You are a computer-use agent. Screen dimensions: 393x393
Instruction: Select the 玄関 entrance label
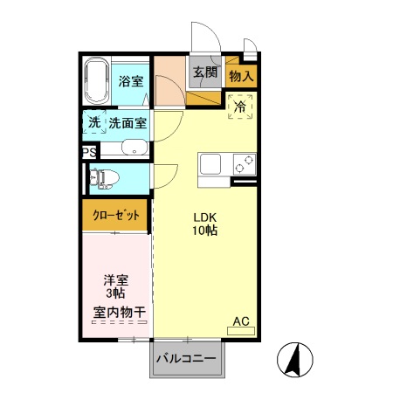(x=205, y=72)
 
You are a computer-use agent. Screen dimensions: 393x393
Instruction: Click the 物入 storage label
(x=241, y=76)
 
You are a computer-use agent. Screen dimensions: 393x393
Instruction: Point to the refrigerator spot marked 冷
(x=240, y=107)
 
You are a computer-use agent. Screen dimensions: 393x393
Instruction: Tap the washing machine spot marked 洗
(x=93, y=123)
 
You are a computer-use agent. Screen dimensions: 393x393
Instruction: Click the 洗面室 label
(x=128, y=124)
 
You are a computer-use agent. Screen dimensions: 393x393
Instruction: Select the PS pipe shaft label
(x=88, y=152)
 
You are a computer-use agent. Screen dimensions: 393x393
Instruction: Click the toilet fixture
(x=104, y=178)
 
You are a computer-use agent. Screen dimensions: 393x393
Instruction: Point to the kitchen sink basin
(x=212, y=163)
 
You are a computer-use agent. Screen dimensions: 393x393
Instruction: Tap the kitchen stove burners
(x=244, y=163)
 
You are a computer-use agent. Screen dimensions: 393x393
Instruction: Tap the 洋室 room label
(x=116, y=279)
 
